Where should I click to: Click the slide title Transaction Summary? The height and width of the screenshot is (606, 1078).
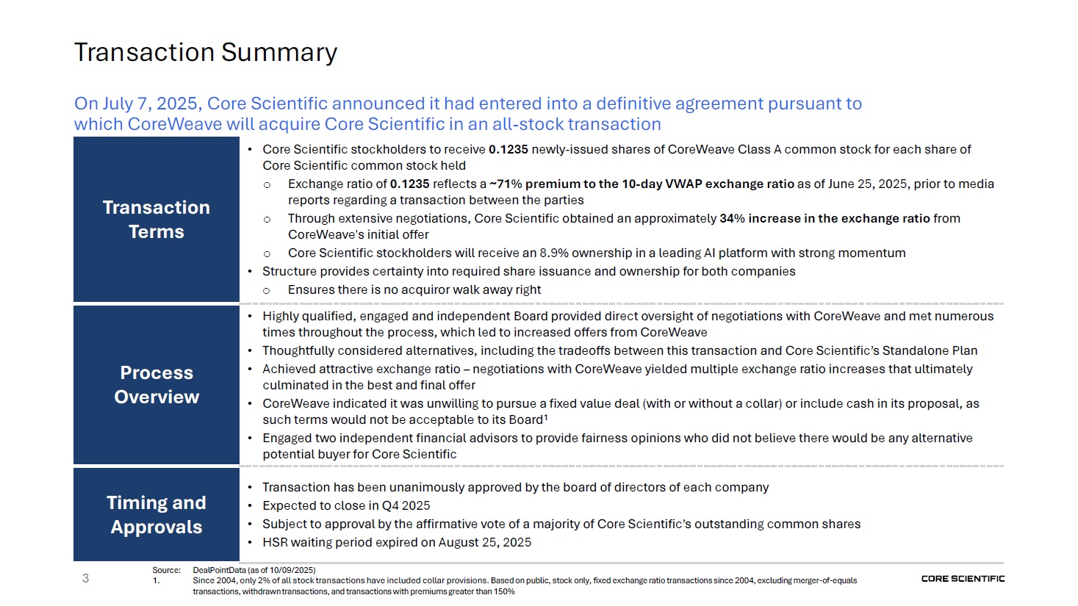click(x=206, y=52)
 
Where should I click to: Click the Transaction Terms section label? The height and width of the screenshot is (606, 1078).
click(x=157, y=219)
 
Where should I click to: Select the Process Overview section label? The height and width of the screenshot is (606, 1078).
click(x=157, y=384)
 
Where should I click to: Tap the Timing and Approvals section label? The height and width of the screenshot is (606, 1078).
click(x=157, y=514)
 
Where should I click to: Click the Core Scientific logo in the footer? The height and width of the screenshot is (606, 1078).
click(x=963, y=579)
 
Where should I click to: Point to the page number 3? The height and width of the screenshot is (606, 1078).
click(x=85, y=578)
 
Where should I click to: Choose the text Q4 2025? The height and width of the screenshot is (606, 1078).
click(x=406, y=505)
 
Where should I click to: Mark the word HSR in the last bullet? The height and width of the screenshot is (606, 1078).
click(x=275, y=542)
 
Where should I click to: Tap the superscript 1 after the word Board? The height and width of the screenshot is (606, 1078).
click(x=546, y=418)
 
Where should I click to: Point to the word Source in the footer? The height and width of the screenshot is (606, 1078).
click(x=166, y=570)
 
